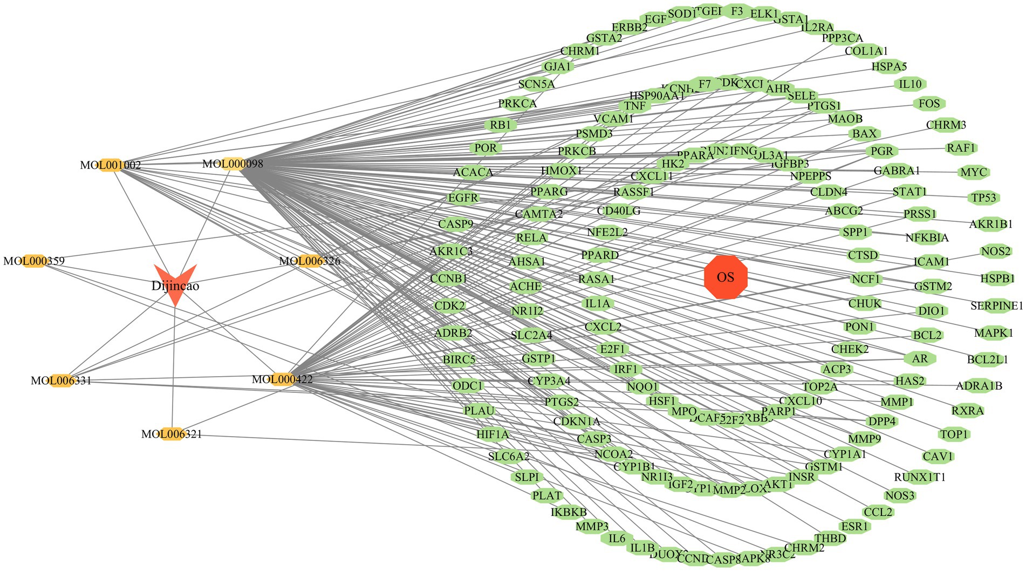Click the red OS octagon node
[x=726, y=277]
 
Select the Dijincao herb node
[x=175, y=283]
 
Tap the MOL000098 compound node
[x=233, y=164]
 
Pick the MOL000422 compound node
[x=282, y=379]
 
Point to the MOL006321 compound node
[x=172, y=434]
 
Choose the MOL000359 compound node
[x=34, y=261]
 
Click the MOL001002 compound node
[x=111, y=165]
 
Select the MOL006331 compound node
[x=61, y=380]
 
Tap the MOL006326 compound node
[x=310, y=261]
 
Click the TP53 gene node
[x=984, y=198]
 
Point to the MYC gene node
[x=974, y=173]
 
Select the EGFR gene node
[x=463, y=198]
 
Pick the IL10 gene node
[x=910, y=84]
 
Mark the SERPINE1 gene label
[x=996, y=306]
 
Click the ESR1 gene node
[x=855, y=526]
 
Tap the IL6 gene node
[x=617, y=539]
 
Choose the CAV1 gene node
[x=938, y=457]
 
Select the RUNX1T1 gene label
[x=920, y=478]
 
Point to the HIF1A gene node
[x=493, y=434]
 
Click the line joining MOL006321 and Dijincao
[x=173, y=367]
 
